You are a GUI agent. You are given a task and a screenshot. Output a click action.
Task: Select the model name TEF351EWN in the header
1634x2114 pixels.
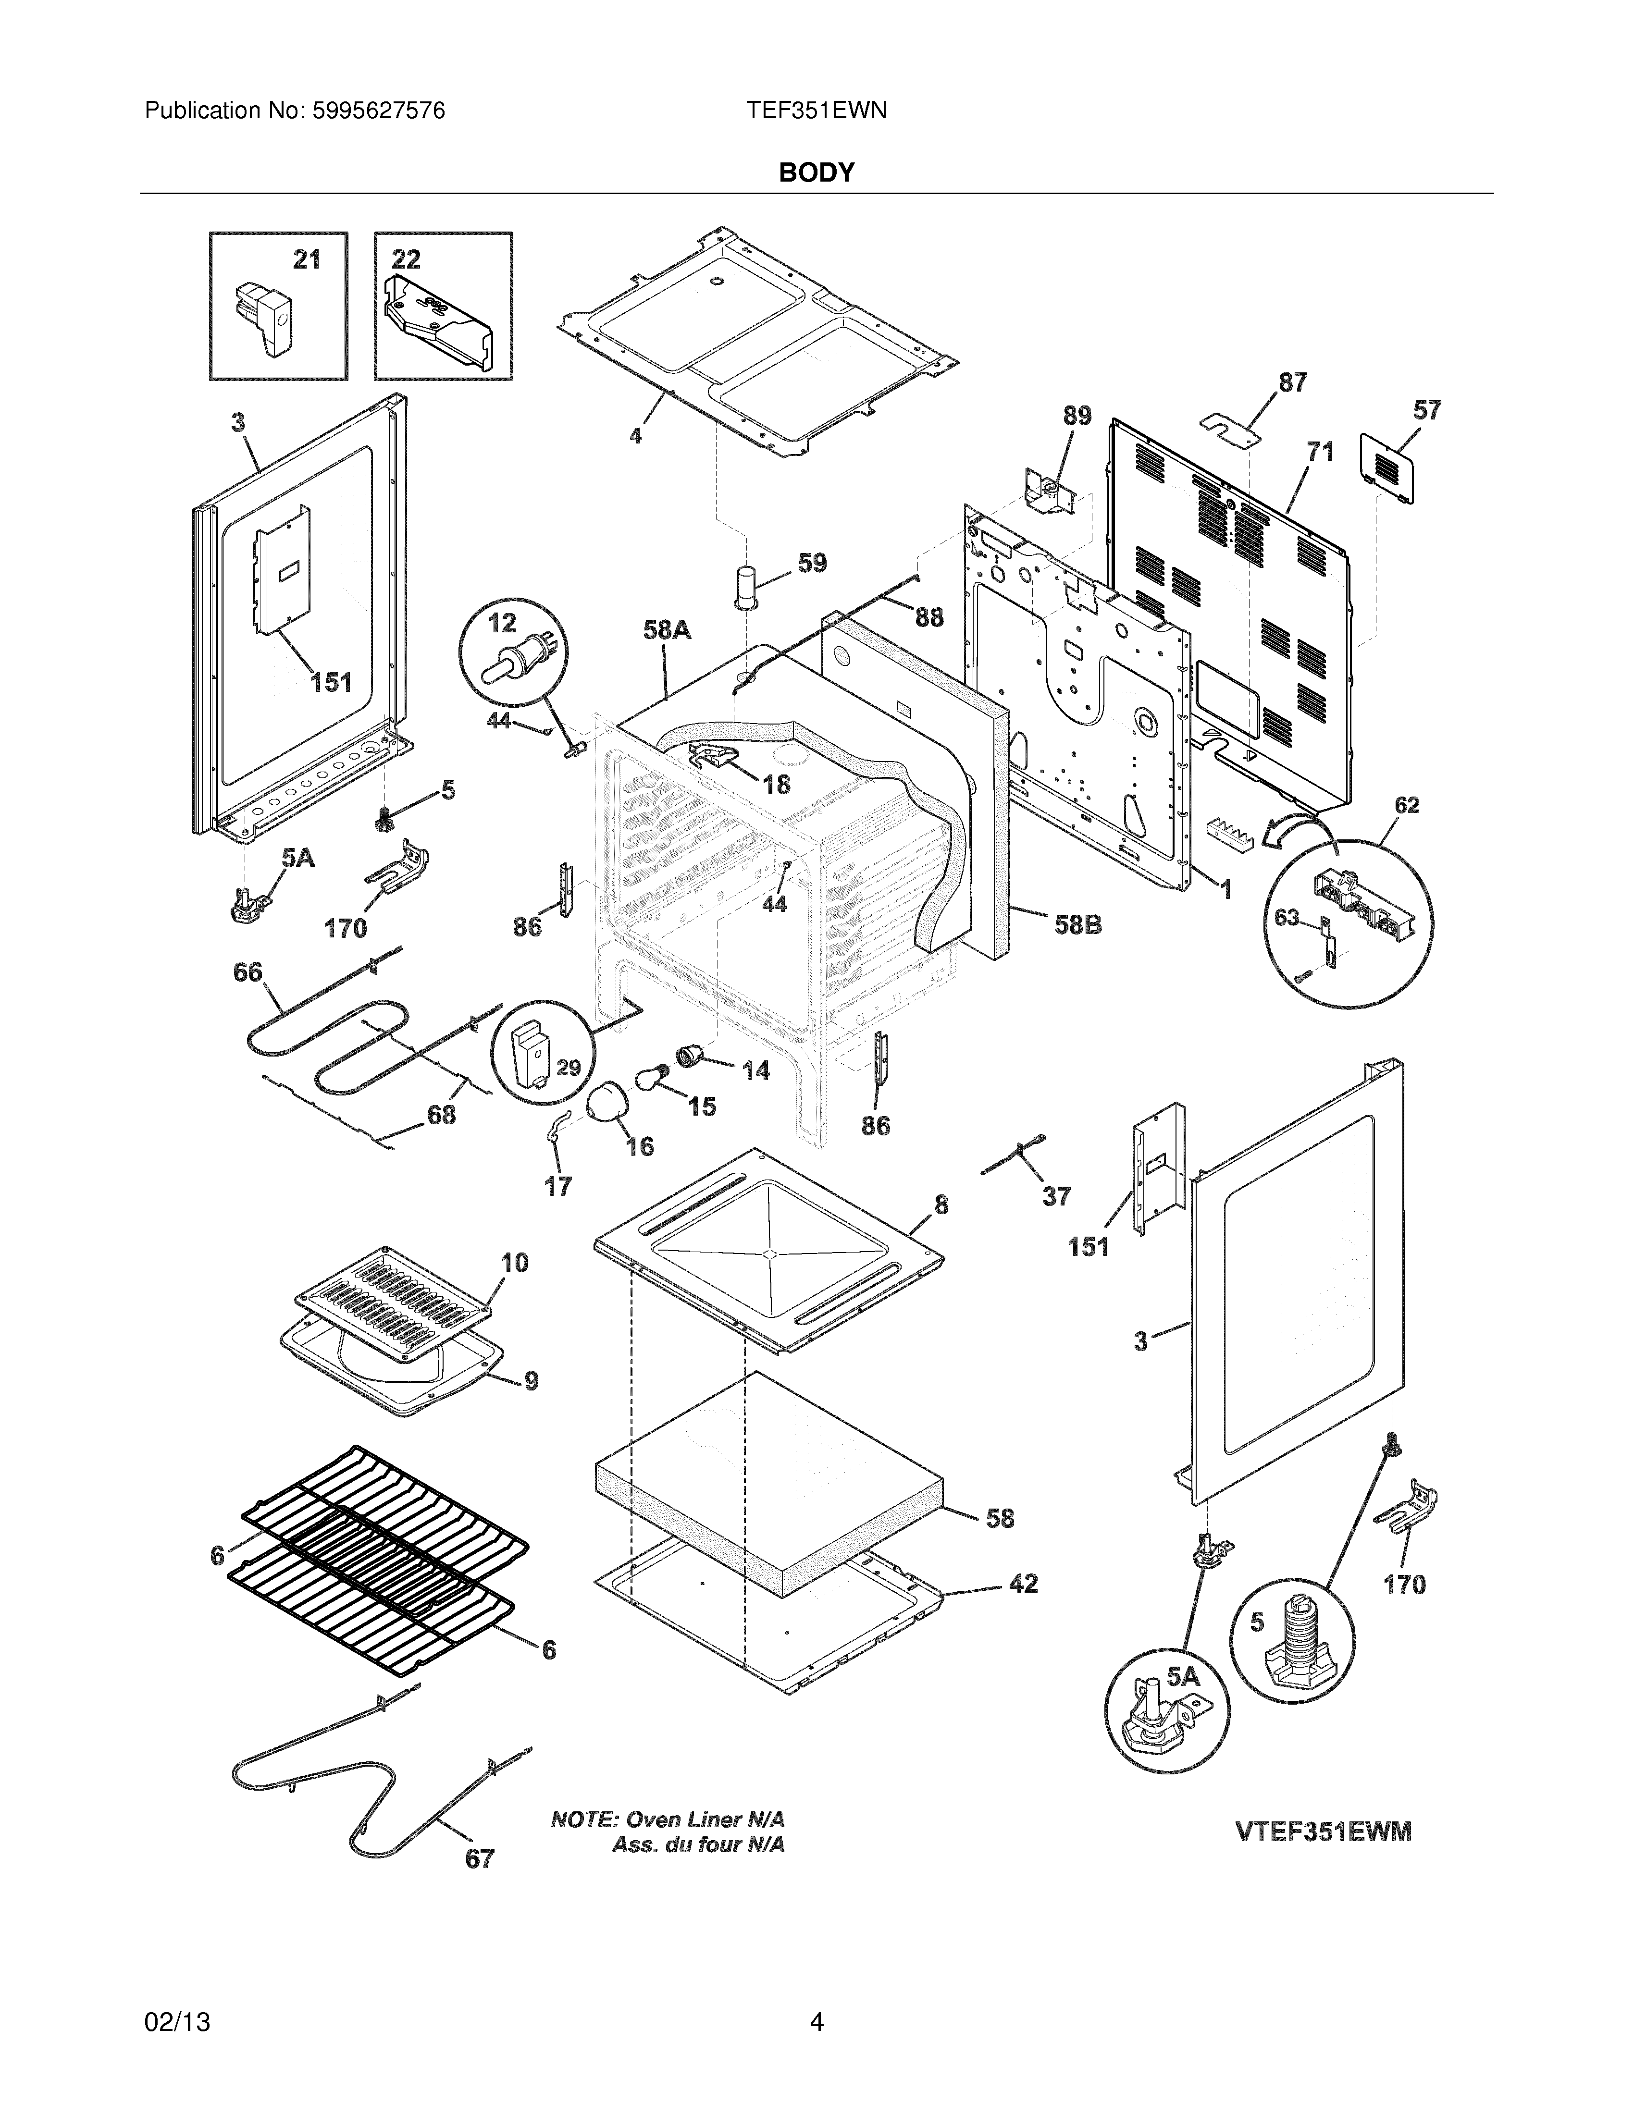[x=816, y=111]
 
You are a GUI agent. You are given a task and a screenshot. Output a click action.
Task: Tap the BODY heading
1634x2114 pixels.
[x=816, y=172]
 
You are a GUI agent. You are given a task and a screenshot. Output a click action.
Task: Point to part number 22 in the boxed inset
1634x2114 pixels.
[x=407, y=259]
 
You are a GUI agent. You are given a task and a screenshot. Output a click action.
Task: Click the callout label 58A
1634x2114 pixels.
[x=667, y=630]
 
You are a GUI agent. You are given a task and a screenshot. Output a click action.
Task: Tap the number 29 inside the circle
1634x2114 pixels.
[x=568, y=1068]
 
